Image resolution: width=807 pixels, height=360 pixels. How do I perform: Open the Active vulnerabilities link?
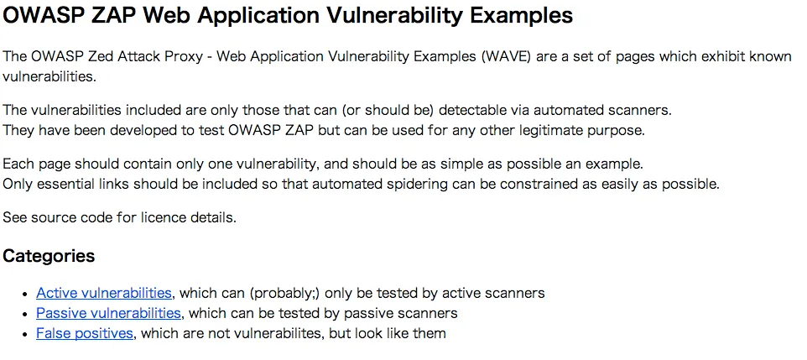click(x=104, y=293)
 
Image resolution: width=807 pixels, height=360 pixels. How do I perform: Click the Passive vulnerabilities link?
click(x=108, y=313)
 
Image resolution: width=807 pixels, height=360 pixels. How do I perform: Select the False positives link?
click(x=85, y=333)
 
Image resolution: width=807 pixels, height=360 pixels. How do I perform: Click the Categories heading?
click(x=49, y=256)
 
